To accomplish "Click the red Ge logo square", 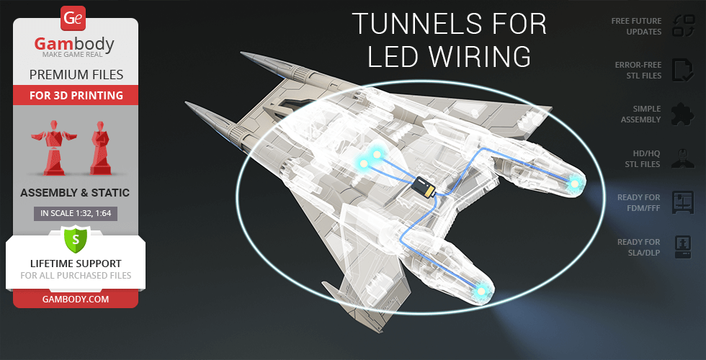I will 75,17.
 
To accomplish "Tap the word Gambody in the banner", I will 75,45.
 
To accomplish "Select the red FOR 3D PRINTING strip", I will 76,95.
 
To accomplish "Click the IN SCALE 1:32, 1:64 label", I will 76,213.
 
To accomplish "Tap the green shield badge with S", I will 75,238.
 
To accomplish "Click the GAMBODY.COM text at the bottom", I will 76,298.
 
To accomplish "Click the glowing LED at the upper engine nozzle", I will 574,185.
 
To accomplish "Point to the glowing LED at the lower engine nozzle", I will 481,290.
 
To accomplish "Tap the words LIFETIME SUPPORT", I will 76,264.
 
